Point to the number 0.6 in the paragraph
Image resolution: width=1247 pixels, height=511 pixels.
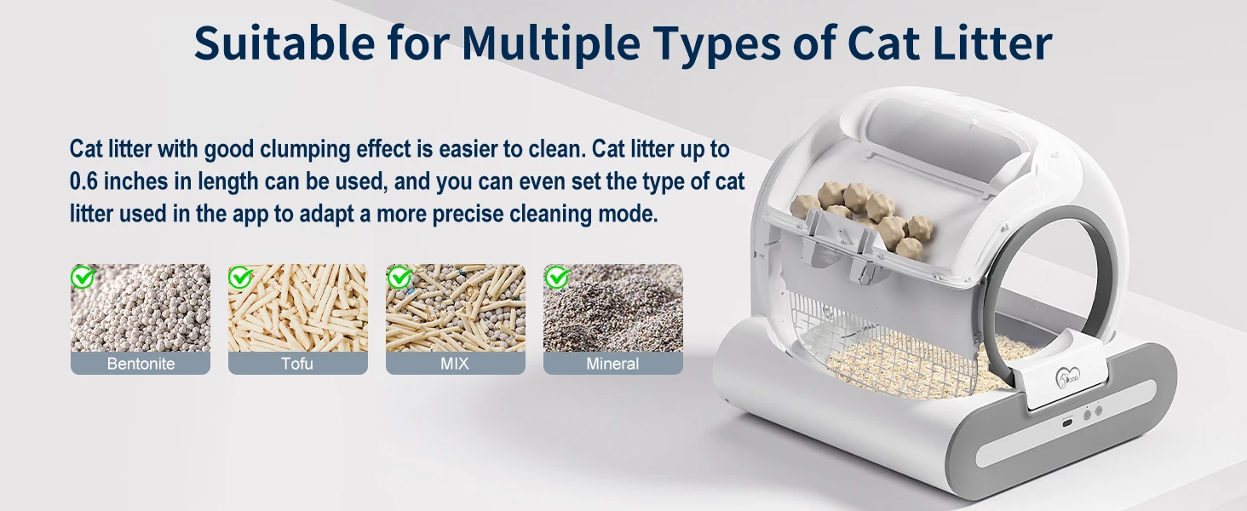(84, 181)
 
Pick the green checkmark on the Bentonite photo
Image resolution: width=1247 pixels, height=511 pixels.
(83, 277)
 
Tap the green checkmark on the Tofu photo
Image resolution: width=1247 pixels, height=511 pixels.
(240, 277)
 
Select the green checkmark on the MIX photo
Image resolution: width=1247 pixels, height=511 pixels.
(399, 277)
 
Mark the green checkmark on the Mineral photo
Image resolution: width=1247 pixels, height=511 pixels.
(556, 277)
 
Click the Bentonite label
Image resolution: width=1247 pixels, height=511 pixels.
(141, 364)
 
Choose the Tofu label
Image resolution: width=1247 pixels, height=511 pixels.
(297, 364)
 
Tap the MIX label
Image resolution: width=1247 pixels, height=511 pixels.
(455, 364)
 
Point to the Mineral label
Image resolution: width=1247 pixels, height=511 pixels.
(612, 364)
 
